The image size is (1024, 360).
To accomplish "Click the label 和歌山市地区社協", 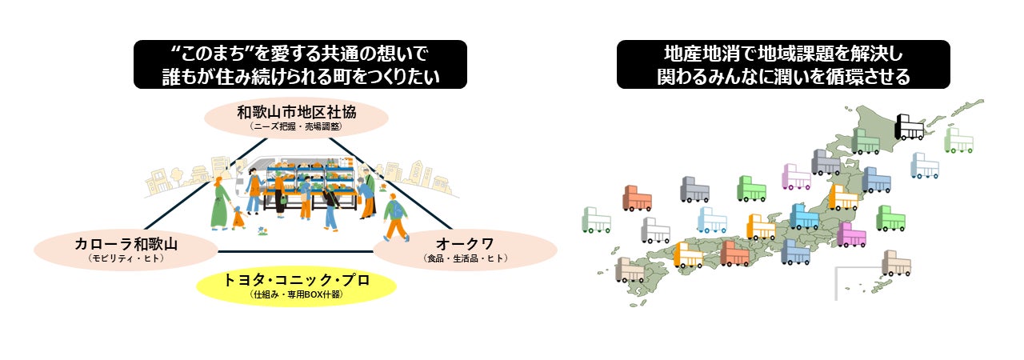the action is click(296, 112).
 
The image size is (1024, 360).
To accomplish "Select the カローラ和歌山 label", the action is click(126, 242).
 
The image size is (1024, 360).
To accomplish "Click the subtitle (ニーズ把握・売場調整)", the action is click(296, 126).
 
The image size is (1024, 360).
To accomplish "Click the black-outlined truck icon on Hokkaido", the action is click(909, 127).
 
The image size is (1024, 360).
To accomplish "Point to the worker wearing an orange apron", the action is click(279, 192).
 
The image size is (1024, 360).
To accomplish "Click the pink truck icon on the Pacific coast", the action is click(851, 234).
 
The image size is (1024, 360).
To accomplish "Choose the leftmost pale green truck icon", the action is click(597, 219).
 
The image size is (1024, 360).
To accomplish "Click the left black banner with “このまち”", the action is click(300, 64).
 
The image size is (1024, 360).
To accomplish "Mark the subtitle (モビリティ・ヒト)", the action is click(126, 257).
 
